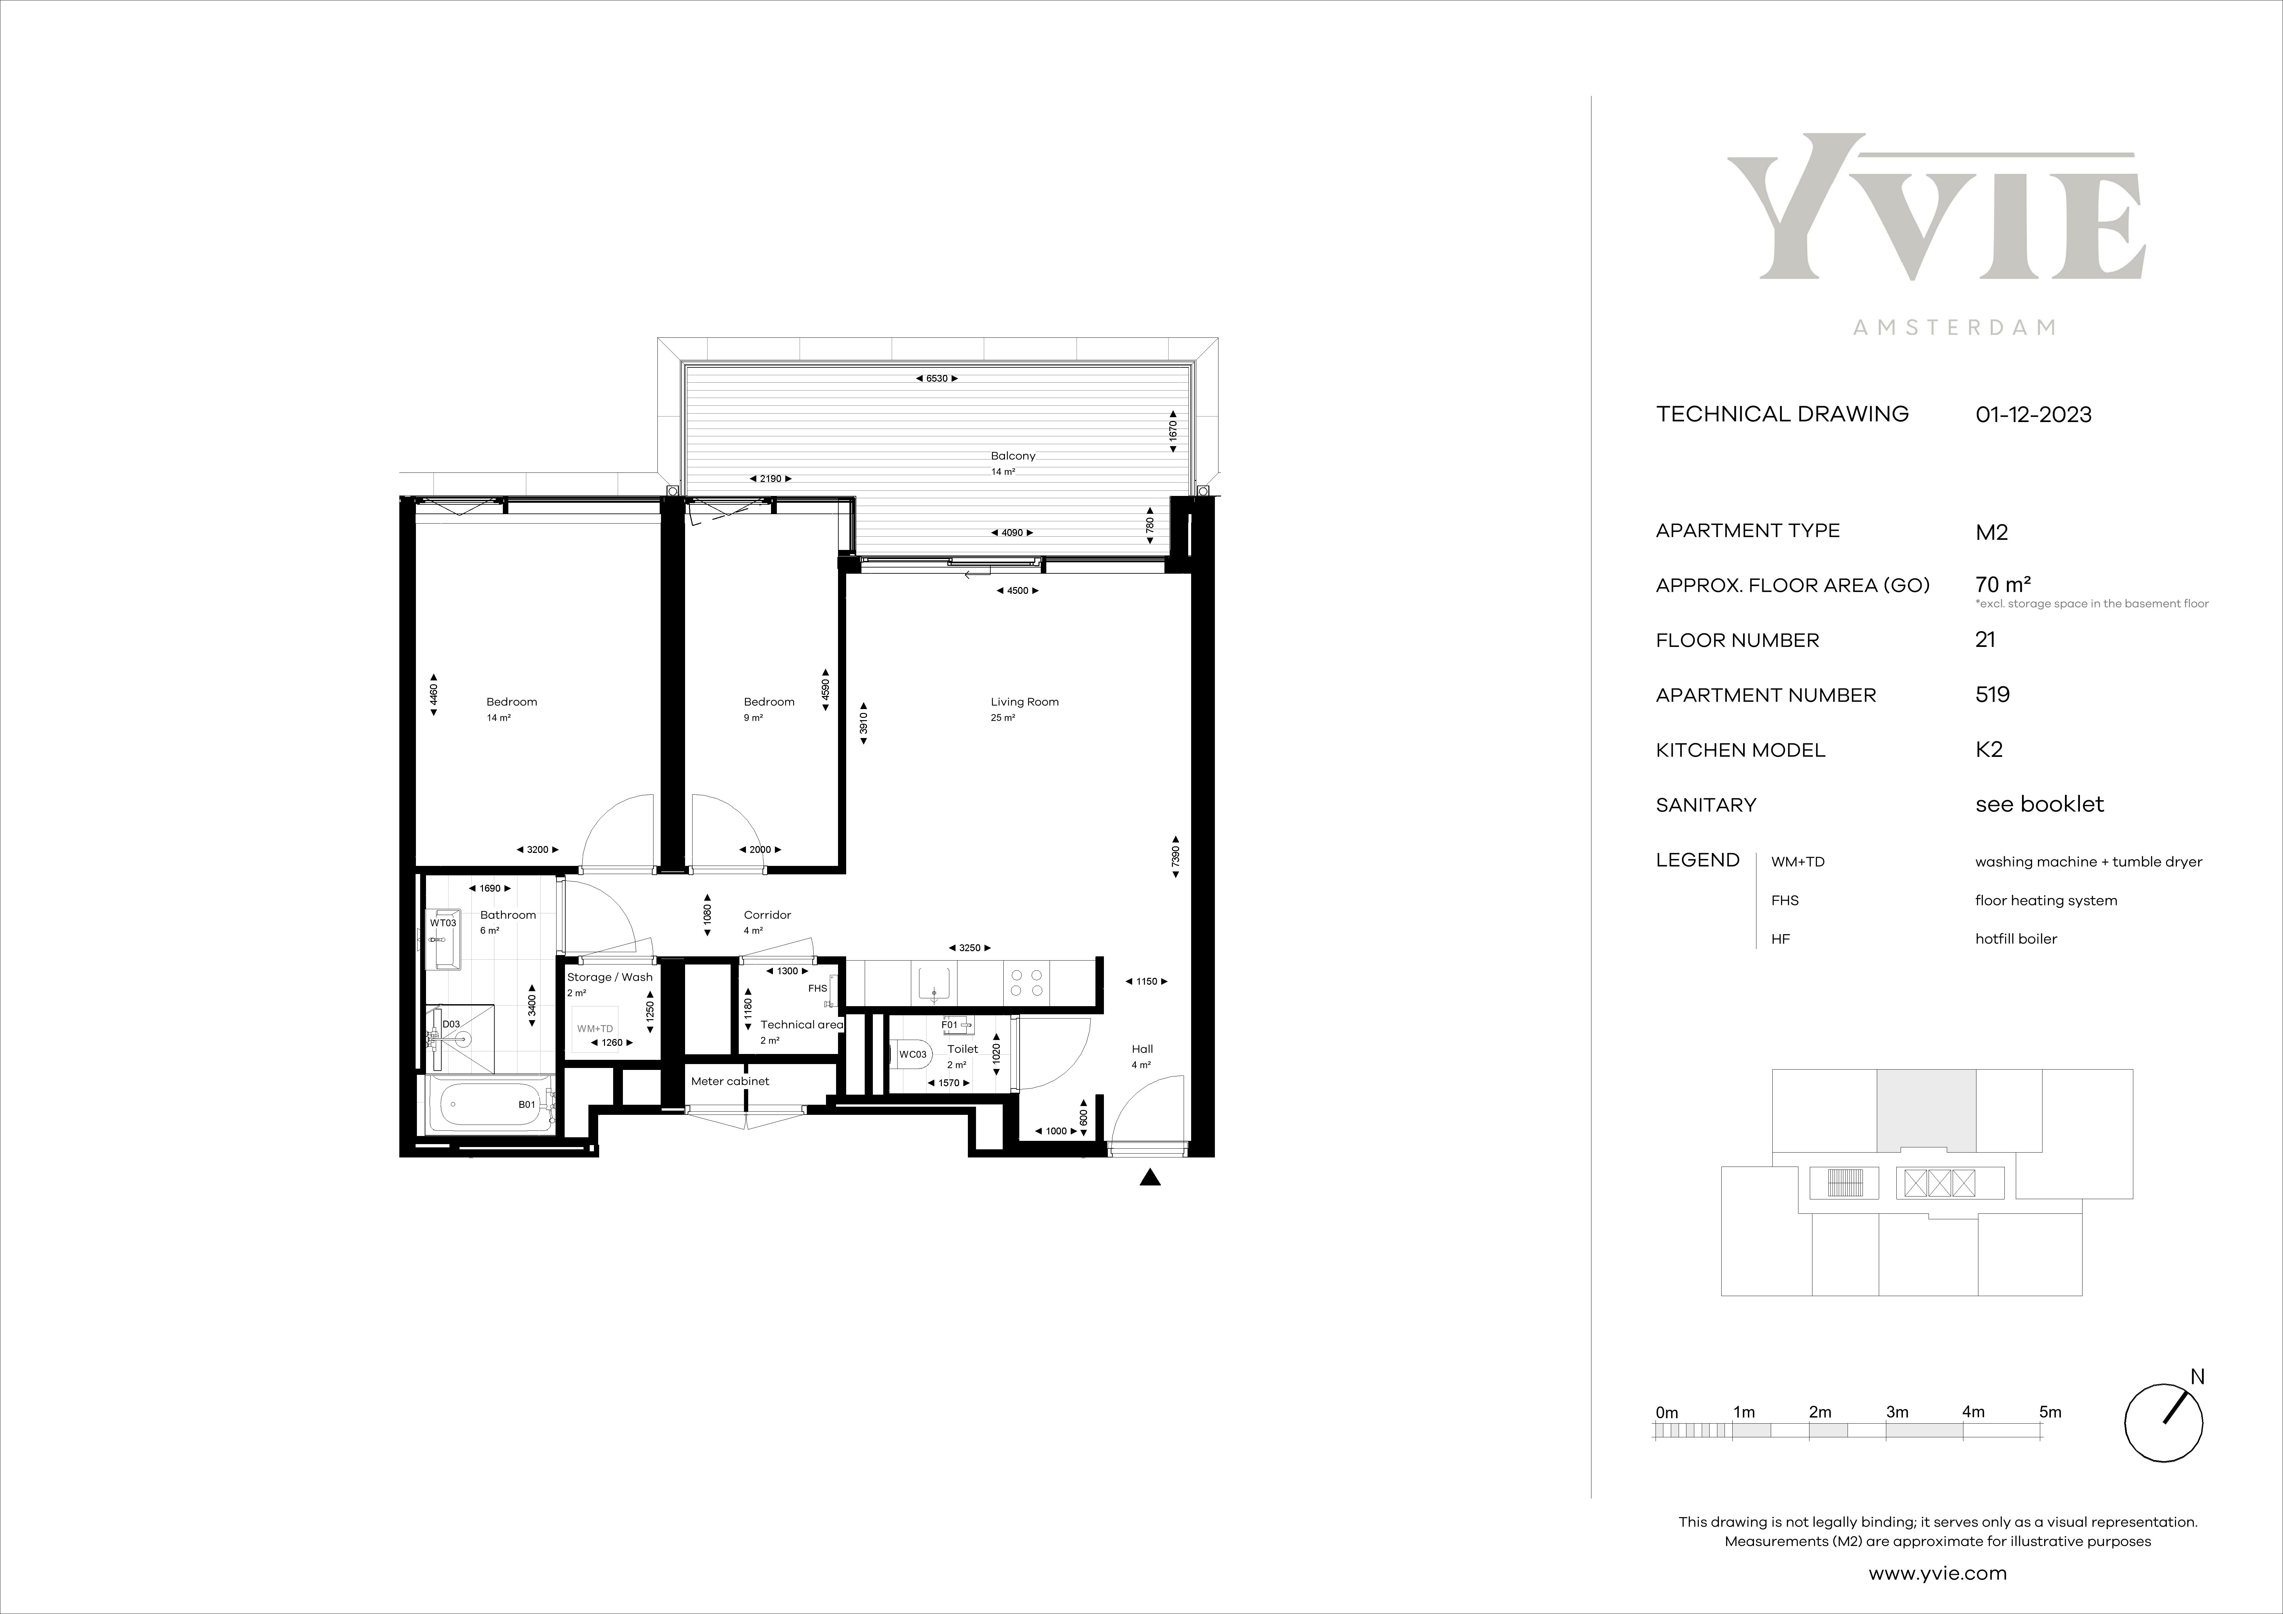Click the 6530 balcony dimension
[937, 379]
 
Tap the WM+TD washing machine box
[596, 1028]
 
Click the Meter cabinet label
[730, 1081]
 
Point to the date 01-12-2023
[2033, 415]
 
